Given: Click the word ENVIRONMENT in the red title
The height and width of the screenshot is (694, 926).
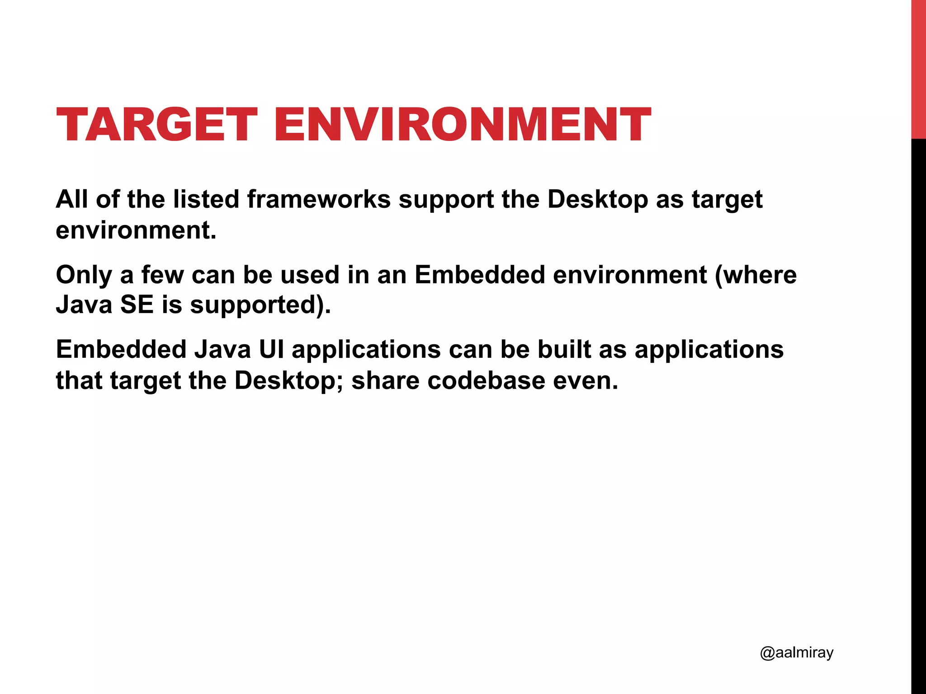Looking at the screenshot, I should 463,124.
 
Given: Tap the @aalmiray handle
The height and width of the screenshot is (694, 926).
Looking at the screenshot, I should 796,652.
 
